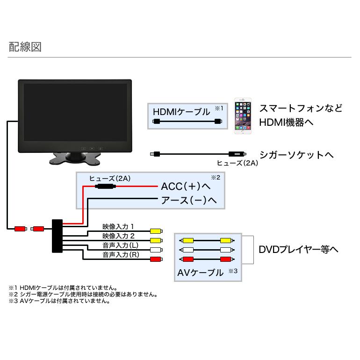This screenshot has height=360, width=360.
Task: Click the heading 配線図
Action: tap(26, 47)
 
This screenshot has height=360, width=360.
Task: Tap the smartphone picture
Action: tap(243, 116)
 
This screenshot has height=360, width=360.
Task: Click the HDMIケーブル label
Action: tap(181, 112)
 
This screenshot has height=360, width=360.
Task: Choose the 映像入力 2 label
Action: tap(118, 236)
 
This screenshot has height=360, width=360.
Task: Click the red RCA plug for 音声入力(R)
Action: tap(156, 259)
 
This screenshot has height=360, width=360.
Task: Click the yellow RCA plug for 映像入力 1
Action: tap(156, 231)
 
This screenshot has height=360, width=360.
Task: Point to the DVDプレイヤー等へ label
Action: tap(298, 249)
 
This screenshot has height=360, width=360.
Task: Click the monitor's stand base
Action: tap(75, 159)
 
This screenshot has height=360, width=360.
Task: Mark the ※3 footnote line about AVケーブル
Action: tap(59, 302)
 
